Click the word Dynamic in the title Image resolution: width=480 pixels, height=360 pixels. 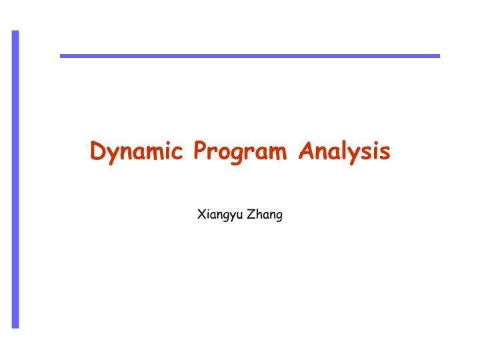click(x=137, y=152)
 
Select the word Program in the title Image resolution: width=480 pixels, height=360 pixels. click(x=241, y=152)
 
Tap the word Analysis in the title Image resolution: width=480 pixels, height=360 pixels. click(x=345, y=152)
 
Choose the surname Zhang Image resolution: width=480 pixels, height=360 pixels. click(x=265, y=215)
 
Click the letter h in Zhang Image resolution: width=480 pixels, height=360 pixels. click(x=258, y=214)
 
